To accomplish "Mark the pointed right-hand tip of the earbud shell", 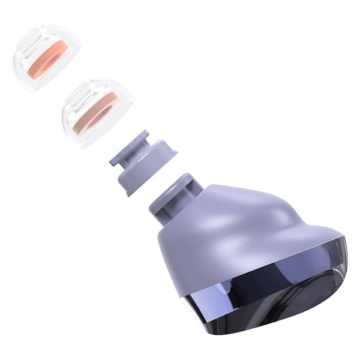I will coord(345,240).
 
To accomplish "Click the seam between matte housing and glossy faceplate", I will coord(240,282).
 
